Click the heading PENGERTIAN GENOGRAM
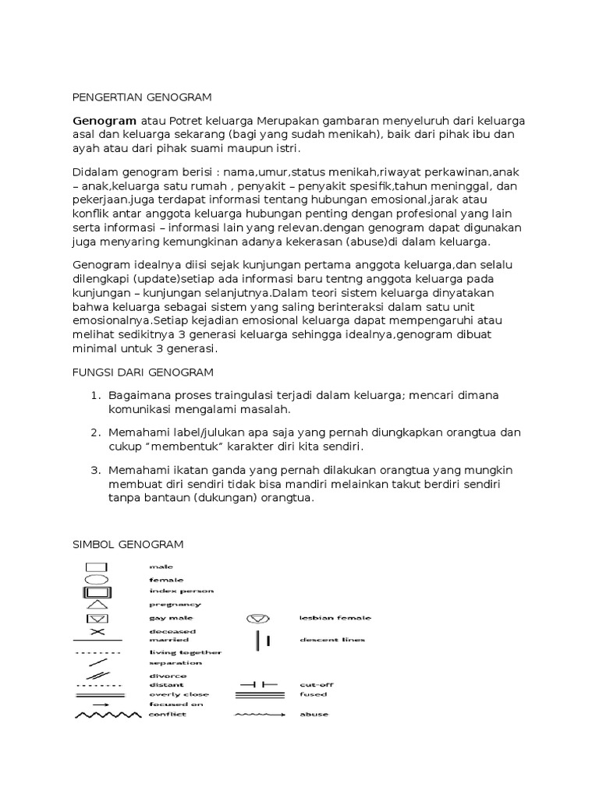[x=143, y=97]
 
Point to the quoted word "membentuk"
[x=172, y=447]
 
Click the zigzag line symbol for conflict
[x=97, y=715]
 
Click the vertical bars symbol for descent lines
[x=263, y=641]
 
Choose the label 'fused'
[x=314, y=694]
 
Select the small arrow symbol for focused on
[x=97, y=704]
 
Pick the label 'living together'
[x=185, y=652]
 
